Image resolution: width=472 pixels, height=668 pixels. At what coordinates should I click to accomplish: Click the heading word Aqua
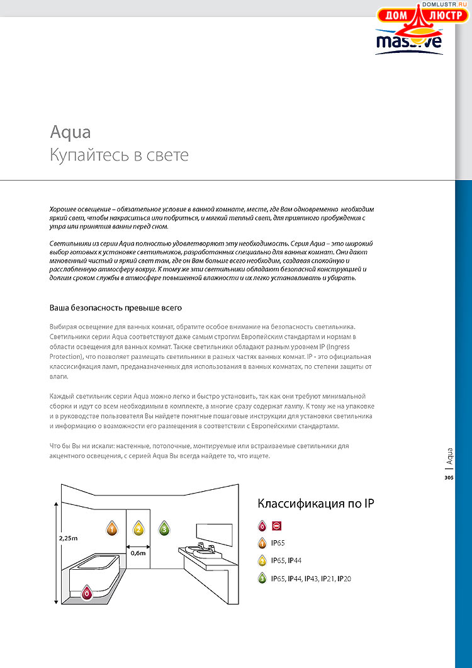tap(70, 132)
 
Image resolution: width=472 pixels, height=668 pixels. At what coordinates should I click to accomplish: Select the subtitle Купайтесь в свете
tap(119, 155)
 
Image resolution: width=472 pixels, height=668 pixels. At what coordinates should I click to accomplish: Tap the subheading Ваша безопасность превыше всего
tap(116, 308)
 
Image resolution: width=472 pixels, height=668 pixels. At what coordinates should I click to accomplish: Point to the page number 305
tap(449, 478)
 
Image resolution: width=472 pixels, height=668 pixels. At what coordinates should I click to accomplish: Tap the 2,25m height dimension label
tap(68, 538)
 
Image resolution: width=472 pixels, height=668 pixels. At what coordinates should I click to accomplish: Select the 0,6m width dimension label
tap(137, 553)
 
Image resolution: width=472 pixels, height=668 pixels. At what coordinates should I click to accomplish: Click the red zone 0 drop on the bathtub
tap(86, 592)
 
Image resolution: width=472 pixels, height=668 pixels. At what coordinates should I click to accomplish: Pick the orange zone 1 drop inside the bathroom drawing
tap(111, 528)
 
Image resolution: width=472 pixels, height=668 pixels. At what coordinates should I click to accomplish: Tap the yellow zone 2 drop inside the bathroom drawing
tap(138, 528)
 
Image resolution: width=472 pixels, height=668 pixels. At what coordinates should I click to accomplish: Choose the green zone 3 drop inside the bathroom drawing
tap(164, 528)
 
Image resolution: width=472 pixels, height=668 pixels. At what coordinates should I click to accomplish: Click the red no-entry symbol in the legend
tap(277, 526)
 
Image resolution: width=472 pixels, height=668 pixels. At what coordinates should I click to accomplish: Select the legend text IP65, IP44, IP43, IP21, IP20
tap(311, 578)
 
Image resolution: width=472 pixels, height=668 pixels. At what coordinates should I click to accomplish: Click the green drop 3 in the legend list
tap(262, 578)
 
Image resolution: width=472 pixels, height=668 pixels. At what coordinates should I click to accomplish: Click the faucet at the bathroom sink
tap(201, 545)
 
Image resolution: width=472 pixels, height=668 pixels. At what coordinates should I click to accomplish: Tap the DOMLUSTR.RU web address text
tap(447, 4)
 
